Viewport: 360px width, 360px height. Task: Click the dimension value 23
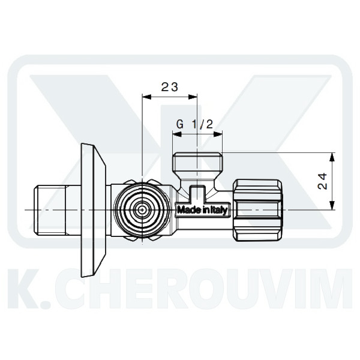pos(169,87)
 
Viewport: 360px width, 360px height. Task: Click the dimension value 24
pos(322,181)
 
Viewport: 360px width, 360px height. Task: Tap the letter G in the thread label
pos(180,124)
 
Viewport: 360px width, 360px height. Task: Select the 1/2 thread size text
pos(202,125)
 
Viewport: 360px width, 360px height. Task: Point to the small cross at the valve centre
pos(143,210)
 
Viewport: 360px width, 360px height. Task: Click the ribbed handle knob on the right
pos(257,210)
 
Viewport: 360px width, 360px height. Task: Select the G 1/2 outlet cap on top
pos(197,164)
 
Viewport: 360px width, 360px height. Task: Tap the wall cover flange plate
pos(93,210)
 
